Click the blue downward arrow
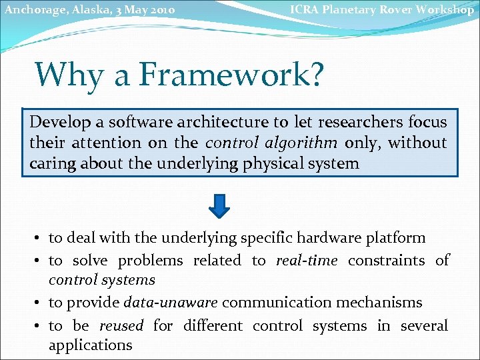[x=219, y=205]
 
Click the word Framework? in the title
[x=230, y=74]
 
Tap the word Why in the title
[x=69, y=74]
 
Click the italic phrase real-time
[x=307, y=260]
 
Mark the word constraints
[x=387, y=260]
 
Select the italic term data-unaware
[x=171, y=303]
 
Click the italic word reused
[x=121, y=325]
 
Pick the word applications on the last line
[x=91, y=345]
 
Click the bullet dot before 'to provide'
[x=40, y=303]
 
